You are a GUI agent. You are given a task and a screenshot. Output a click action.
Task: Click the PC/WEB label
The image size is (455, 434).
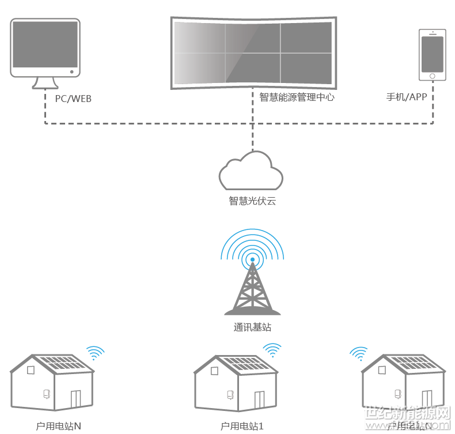[73, 99]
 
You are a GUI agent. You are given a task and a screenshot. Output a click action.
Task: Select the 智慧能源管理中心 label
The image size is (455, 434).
[297, 97]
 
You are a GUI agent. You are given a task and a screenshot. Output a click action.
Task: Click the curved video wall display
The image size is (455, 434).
[253, 52]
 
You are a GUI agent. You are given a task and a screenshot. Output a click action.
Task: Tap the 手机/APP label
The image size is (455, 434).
[407, 96]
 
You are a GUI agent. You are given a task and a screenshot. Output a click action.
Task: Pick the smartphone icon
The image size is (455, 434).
[433, 55]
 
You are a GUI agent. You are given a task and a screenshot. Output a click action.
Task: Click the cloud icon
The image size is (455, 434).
[251, 171]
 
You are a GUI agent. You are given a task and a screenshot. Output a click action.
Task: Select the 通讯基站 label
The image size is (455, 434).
[252, 327]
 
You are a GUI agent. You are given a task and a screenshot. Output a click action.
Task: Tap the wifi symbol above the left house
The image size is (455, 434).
[95, 352]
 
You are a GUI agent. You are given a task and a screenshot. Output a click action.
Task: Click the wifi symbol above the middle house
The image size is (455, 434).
[272, 350]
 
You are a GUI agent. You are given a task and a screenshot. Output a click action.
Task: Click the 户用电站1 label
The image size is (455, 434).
[242, 427]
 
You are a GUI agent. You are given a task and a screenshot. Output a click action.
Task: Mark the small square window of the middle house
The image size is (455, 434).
[214, 371]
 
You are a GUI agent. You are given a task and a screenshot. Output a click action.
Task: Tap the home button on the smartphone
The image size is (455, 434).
[433, 76]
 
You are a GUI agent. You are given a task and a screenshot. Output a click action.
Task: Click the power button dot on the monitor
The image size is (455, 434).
[72, 72]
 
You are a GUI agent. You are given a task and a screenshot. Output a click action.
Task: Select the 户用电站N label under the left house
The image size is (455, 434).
[58, 427]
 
